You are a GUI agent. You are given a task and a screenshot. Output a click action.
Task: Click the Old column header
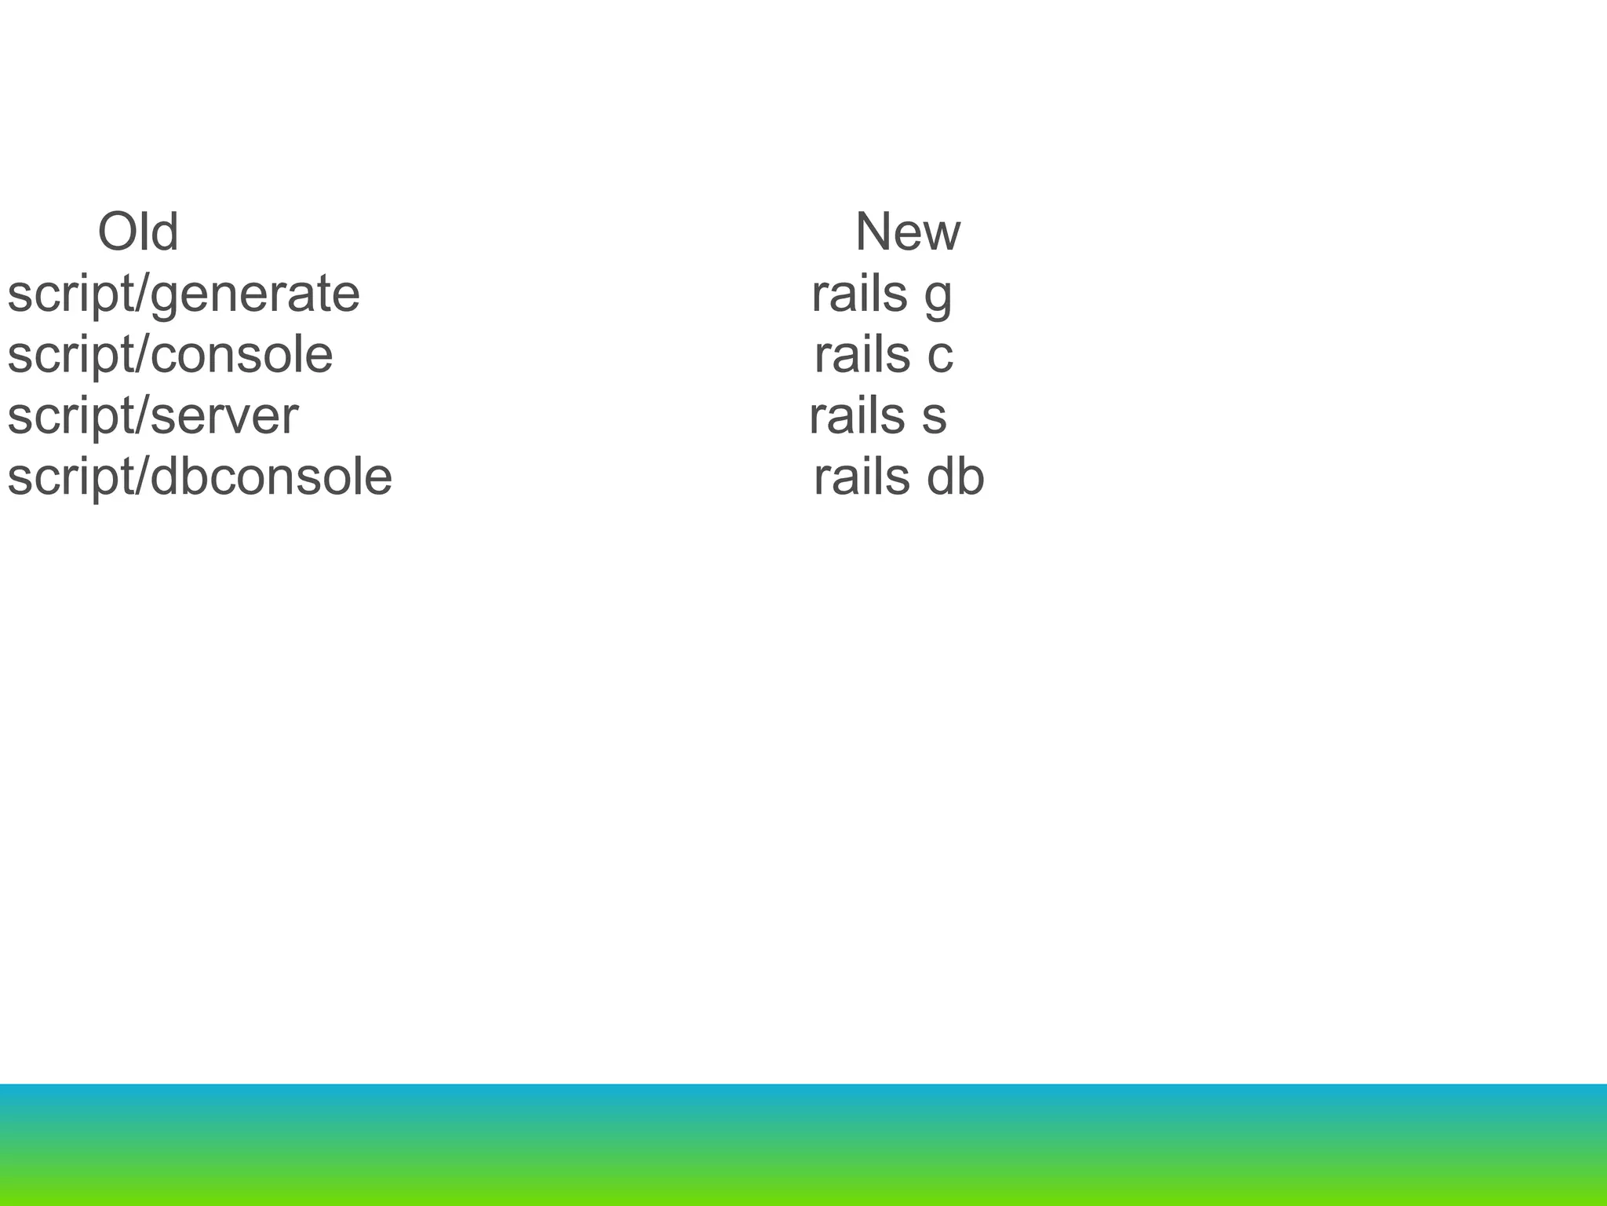[x=138, y=232]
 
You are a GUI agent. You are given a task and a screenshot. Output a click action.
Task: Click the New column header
[x=907, y=232]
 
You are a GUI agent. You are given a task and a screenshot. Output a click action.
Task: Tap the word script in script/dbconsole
[x=69, y=477]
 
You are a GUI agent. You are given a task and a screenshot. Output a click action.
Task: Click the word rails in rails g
[x=858, y=294]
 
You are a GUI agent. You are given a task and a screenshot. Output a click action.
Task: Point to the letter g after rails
[x=938, y=298]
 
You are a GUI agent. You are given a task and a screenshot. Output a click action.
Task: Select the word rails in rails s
[x=856, y=416]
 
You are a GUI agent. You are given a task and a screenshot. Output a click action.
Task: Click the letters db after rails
[x=955, y=477]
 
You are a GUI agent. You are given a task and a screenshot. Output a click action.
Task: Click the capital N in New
[x=874, y=232]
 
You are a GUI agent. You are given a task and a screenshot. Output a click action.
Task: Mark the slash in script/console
[x=141, y=355]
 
